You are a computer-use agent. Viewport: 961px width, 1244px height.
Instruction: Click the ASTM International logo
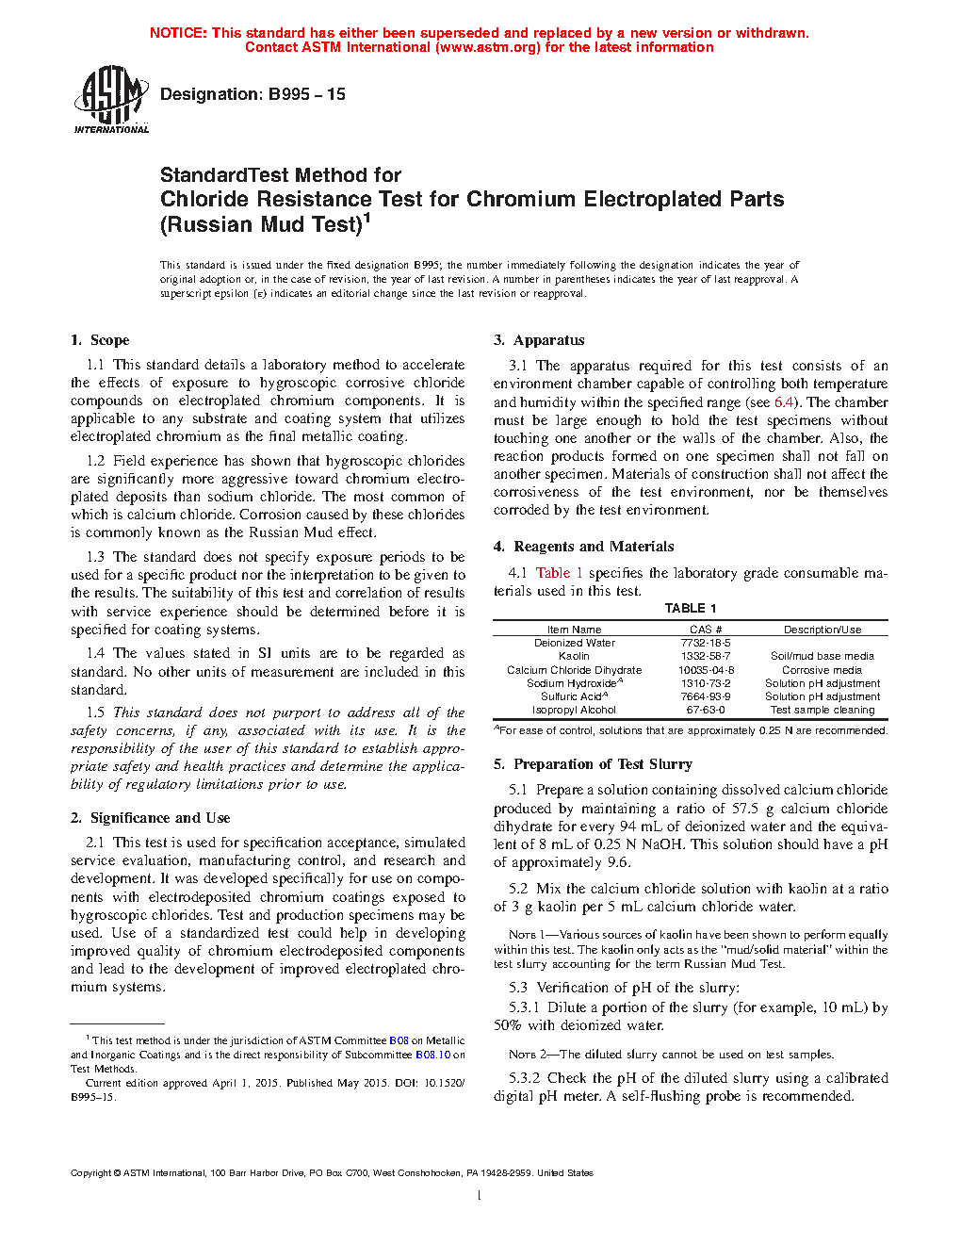(x=111, y=99)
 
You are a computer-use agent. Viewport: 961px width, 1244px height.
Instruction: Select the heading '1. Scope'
(x=100, y=340)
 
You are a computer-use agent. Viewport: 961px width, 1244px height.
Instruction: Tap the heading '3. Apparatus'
(x=539, y=340)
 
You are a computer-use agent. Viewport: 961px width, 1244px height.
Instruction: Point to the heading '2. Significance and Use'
(x=151, y=818)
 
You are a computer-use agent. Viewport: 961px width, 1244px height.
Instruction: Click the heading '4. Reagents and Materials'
(x=584, y=547)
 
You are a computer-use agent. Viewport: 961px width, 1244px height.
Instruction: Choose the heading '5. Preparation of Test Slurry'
(x=593, y=764)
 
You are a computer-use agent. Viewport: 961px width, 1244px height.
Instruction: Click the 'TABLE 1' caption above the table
(x=691, y=609)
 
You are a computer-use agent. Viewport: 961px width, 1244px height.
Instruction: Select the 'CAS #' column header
(x=706, y=630)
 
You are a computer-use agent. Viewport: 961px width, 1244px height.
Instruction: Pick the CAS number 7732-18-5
(x=706, y=643)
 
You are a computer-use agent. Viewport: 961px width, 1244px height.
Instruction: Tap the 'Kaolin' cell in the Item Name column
(x=574, y=656)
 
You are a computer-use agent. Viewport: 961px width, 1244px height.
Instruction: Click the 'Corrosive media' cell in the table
(x=822, y=670)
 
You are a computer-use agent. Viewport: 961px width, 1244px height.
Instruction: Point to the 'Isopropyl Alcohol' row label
(x=574, y=710)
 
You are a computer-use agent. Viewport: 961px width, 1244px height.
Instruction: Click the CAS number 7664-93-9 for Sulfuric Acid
(x=706, y=696)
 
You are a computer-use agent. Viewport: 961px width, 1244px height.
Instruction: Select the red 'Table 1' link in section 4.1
(x=560, y=573)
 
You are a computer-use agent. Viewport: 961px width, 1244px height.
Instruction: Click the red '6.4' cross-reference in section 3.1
(x=784, y=402)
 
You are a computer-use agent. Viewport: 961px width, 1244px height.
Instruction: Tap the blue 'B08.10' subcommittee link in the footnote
(x=432, y=1055)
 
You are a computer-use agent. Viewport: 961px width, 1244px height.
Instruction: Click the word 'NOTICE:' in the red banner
(x=178, y=33)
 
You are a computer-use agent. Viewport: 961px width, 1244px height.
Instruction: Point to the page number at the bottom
(x=480, y=1196)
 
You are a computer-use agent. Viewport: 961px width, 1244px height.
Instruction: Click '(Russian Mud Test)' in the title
(x=261, y=225)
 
